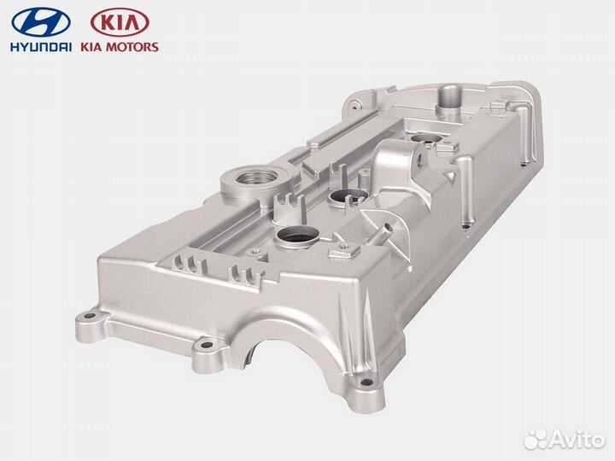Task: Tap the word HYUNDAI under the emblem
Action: click(42, 47)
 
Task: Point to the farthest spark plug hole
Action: click(419, 137)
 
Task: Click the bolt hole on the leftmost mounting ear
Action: click(87, 320)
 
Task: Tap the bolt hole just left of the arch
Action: click(202, 346)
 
